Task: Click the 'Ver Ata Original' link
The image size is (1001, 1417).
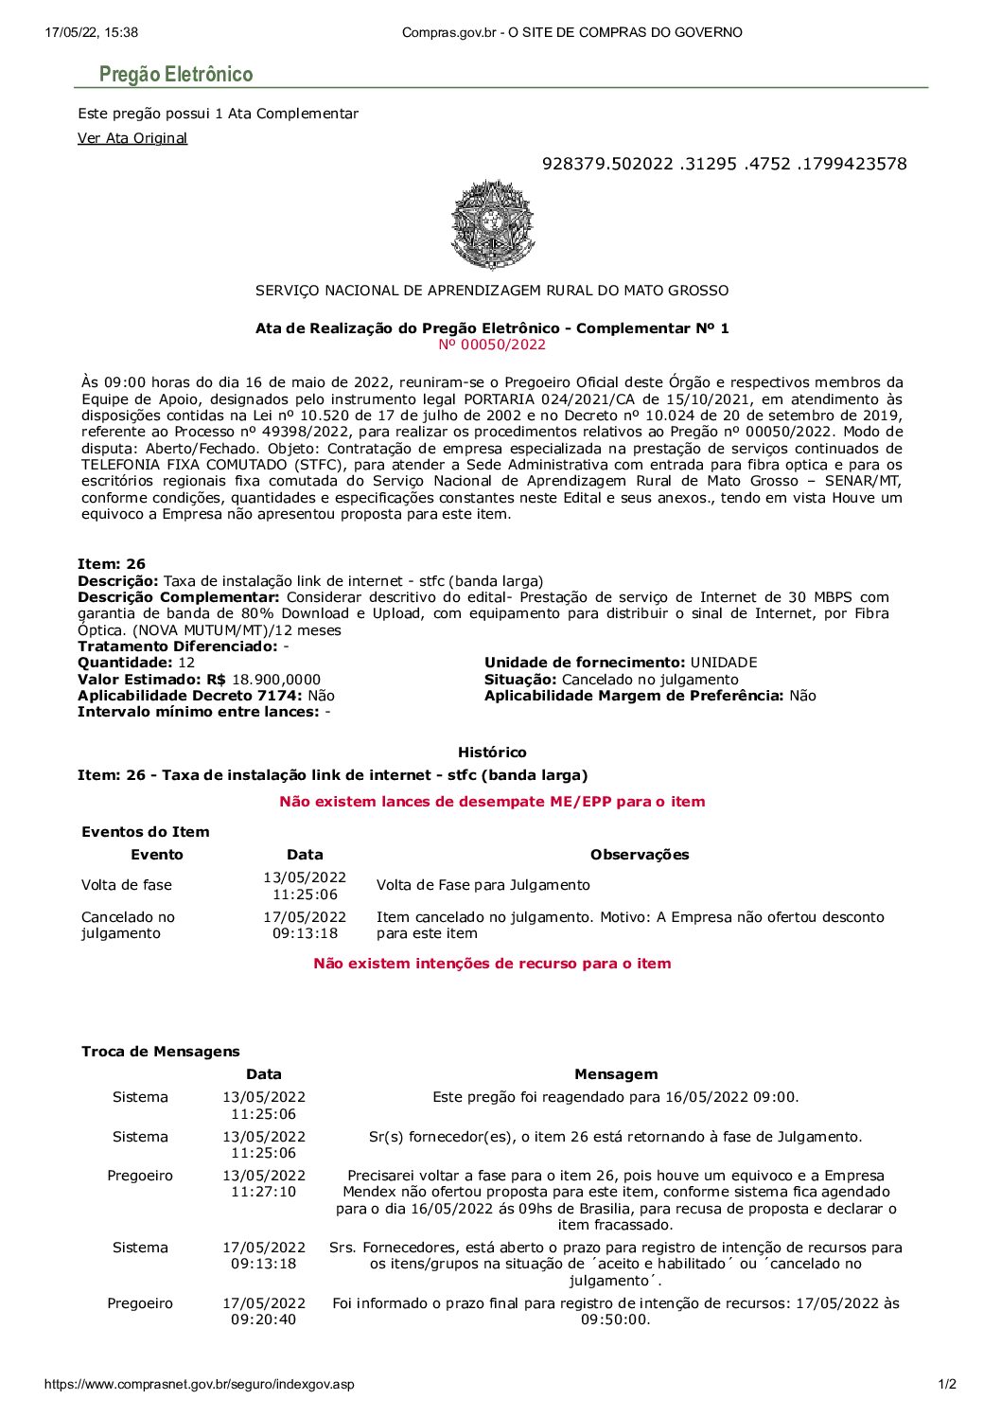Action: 132,138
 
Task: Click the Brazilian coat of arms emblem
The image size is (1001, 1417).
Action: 492,225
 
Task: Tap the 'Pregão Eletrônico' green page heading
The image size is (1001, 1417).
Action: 176,74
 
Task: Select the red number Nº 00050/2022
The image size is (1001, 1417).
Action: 492,345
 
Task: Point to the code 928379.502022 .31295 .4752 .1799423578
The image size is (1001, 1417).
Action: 724,164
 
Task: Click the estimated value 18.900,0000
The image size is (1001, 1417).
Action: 276,680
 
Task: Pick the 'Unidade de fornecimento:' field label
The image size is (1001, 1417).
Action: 585,663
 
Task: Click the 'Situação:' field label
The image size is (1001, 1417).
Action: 520,680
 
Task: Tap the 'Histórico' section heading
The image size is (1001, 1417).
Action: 492,753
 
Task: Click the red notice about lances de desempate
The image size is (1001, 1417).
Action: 492,802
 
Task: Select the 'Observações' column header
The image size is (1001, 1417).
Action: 640,855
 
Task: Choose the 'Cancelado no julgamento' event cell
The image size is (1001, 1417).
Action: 129,925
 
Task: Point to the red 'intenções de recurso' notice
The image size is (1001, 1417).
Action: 492,964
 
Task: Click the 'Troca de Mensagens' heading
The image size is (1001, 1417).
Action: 161,1052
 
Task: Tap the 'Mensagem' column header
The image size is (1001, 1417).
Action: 616,1074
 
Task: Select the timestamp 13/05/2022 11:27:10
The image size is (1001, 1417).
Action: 264,1183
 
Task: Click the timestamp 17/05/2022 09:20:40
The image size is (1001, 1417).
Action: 264,1311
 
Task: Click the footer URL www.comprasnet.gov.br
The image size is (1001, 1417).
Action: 200,1384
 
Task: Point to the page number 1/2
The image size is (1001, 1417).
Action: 947,1384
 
